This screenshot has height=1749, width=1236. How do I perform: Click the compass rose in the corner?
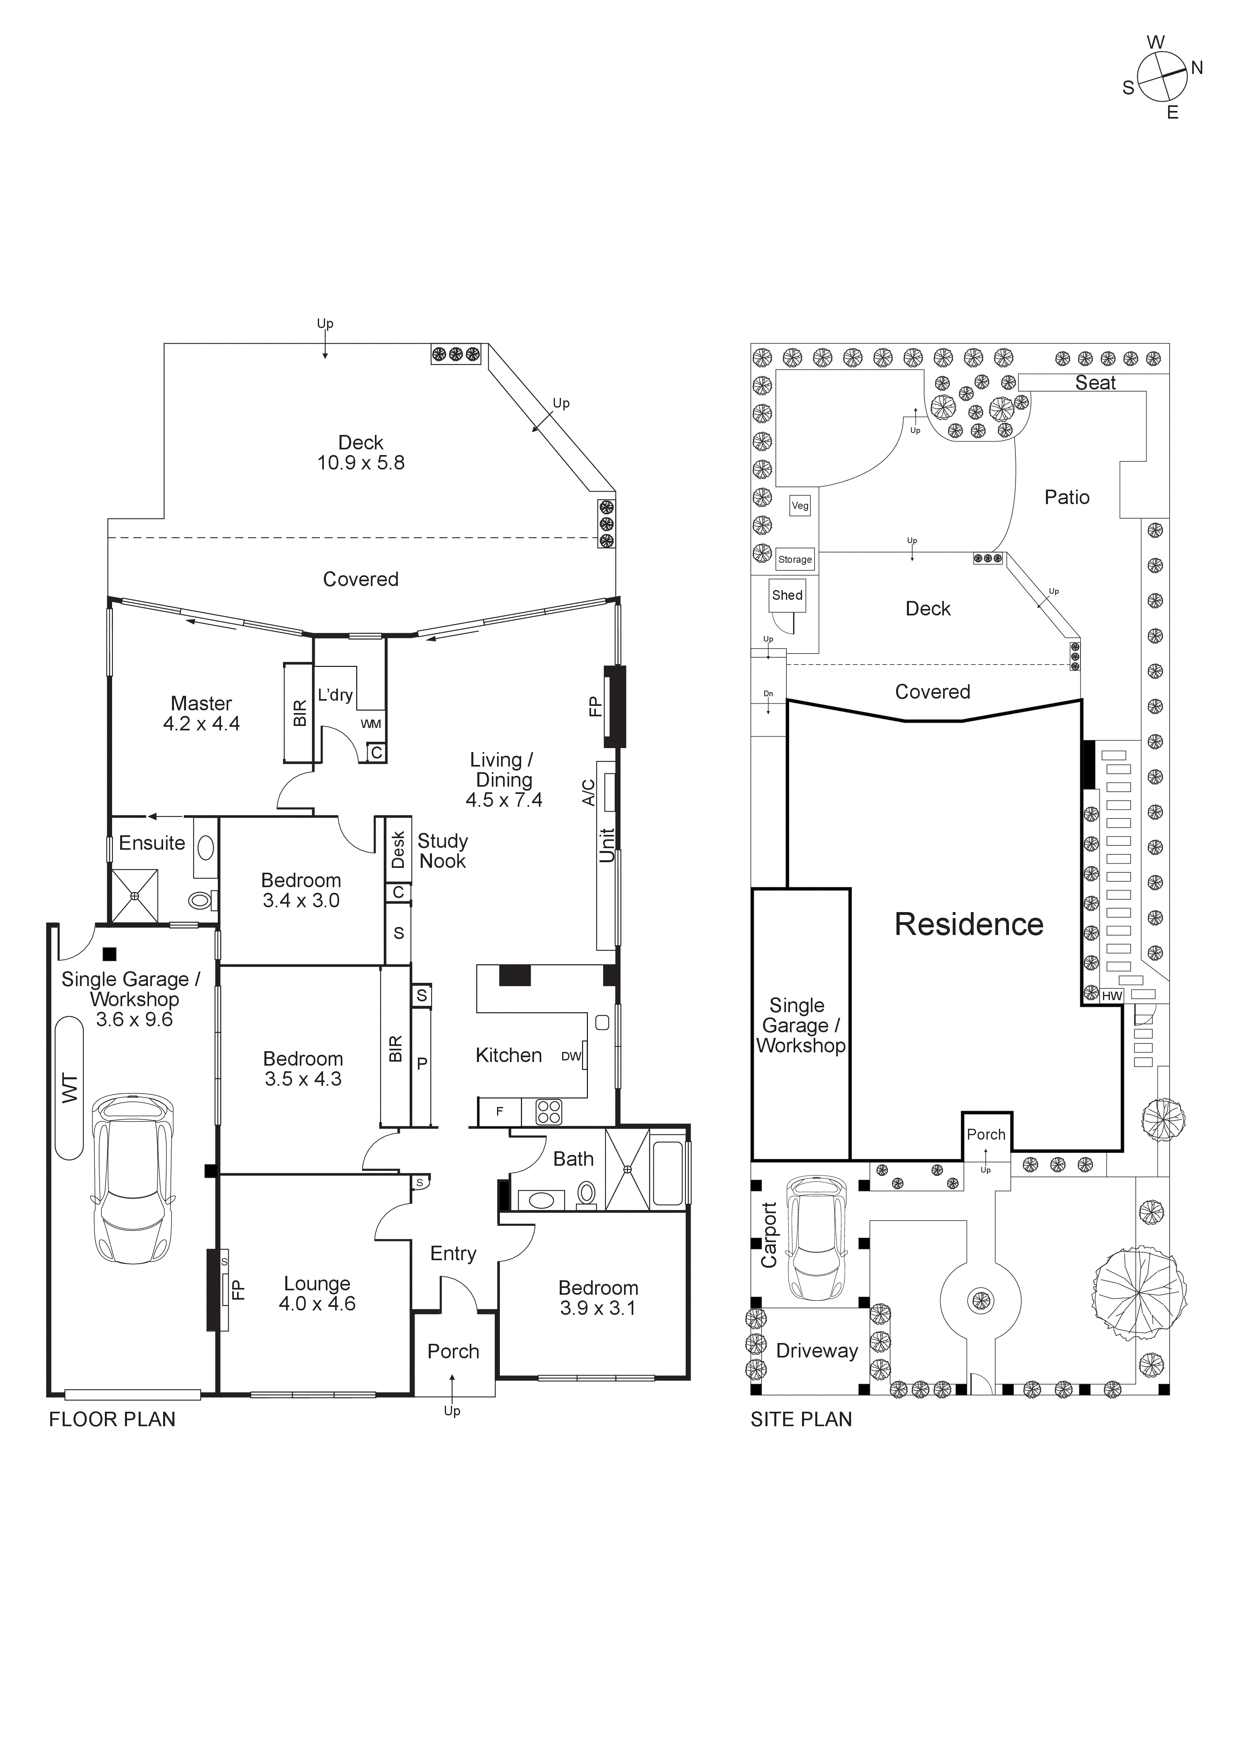coord(1162,77)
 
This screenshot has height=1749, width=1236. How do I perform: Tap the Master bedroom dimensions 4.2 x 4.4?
coord(201,724)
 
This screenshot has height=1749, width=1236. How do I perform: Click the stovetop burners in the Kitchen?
coord(548,1112)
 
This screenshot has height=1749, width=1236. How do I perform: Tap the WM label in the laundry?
coord(371,724)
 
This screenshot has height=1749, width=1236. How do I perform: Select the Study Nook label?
coord(442,851)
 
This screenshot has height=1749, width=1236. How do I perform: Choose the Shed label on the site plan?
coord(787,595)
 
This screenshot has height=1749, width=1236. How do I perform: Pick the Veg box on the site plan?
coord(800,505)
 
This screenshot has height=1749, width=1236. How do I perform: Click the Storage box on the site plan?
coord(794,559)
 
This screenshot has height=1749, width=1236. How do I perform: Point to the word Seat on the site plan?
coord(1095,383)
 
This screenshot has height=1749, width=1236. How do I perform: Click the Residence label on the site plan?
coord(969,924)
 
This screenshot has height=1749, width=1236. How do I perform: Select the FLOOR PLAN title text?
coord(112,1419)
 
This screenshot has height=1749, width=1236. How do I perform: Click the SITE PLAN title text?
coord(801,1419)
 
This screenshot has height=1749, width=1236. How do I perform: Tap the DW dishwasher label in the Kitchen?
coord(571,1056)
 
